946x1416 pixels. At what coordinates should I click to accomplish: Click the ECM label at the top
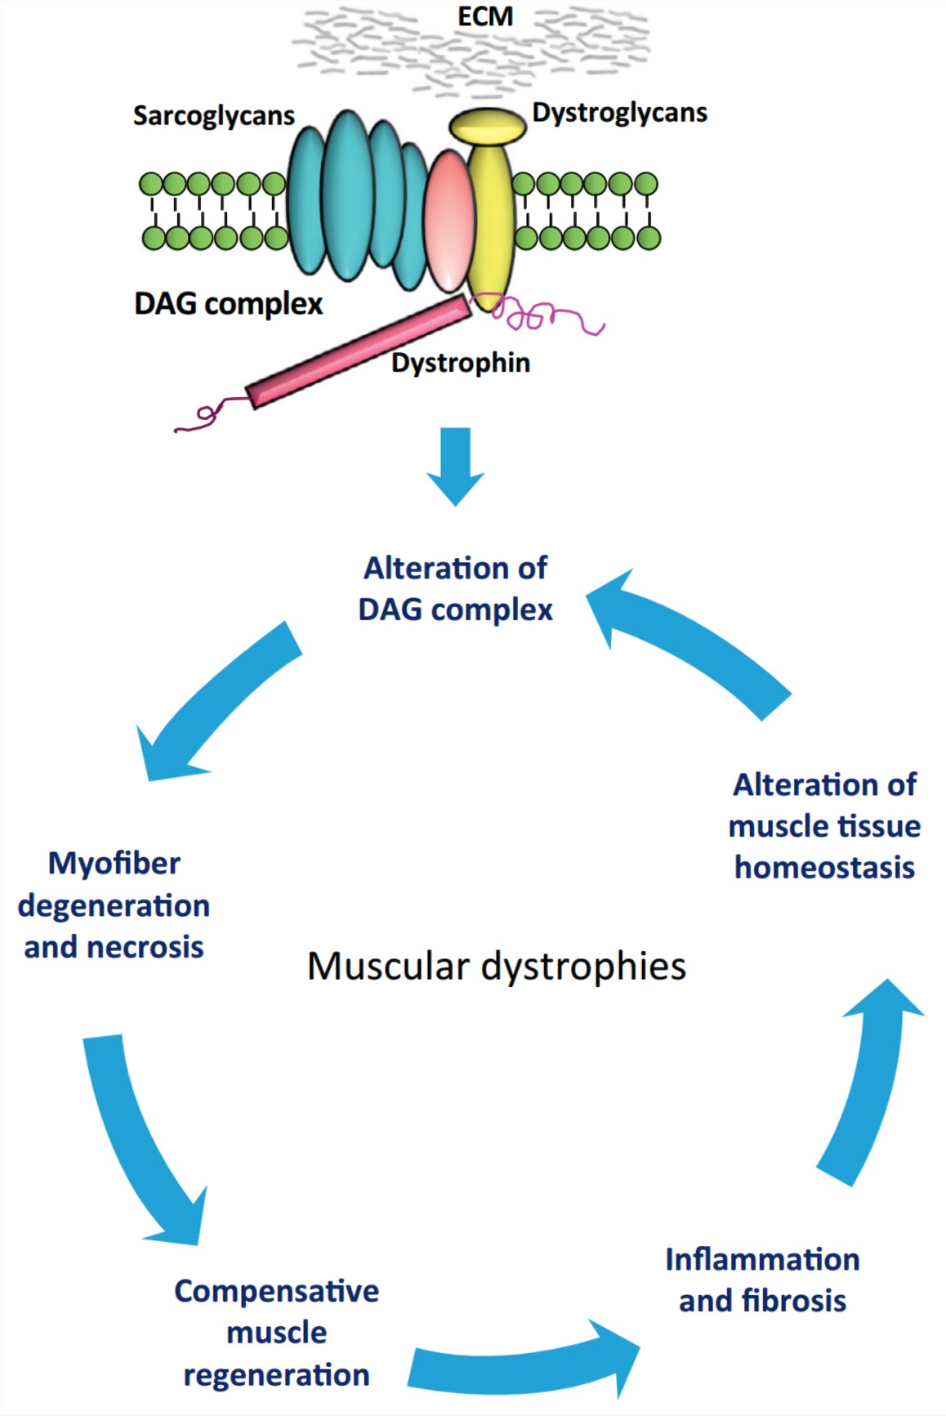coord(485,16)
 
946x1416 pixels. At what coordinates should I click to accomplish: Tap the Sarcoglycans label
coord(213,116)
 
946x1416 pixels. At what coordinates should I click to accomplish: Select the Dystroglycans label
coord(619,113)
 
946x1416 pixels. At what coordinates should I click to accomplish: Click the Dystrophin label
coord(461,362)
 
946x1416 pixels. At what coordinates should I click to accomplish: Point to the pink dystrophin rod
coord(359,351)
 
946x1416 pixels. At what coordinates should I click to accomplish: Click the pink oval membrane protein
coord(450,221)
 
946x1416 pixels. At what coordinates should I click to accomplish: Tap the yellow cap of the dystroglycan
coord(488,126)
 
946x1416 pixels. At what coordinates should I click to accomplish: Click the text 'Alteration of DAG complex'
coord(455,588)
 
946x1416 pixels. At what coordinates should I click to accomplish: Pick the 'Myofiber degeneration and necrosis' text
coord(114,905)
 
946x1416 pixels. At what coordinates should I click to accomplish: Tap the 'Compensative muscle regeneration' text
coord(276,1333)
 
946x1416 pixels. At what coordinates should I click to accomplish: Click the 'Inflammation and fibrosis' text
coord(762,1280)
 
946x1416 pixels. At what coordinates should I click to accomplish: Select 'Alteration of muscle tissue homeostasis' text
coord(824,825)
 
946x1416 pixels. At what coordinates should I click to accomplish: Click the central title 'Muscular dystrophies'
coord(497,966)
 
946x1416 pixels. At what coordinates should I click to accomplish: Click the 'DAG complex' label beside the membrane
coord(228,304)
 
